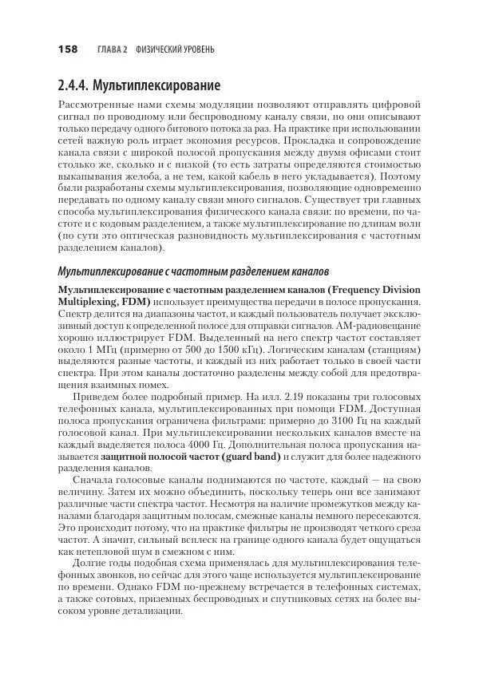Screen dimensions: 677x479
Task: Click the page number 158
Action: (x=67, y=49)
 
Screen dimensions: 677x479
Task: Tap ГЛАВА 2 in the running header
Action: (x=113, y=50)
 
